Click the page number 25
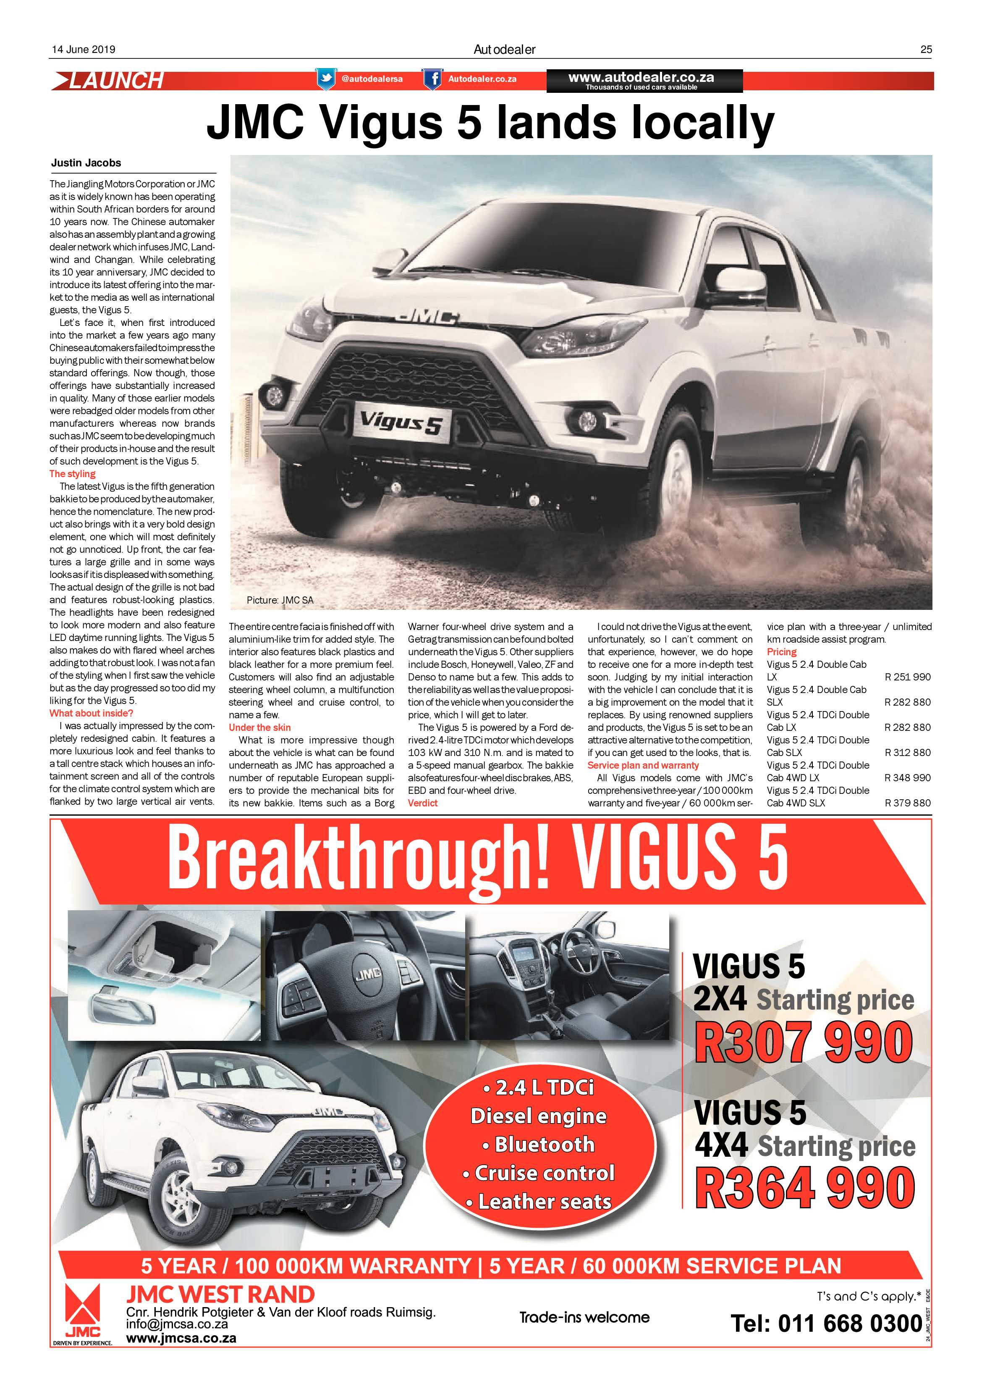coord(926,50)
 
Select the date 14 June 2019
coord(83,50)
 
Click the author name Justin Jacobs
coord(86,163)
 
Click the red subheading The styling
coord(73,474)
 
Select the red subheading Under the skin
coord(259,727)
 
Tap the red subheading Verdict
coord(423,803)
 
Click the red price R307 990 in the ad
coord(804,1042)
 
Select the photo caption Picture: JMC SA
coord(280,600)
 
